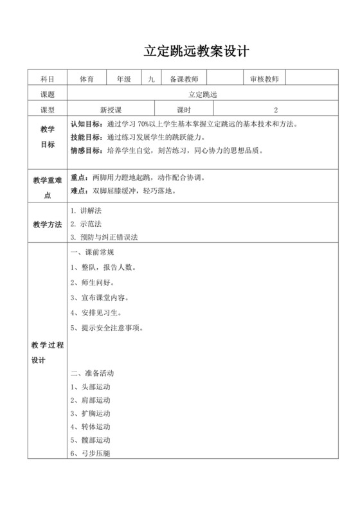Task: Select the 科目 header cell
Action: pyautogui.click(x=47, y=78)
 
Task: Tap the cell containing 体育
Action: pyautogui.click(x=87, y=78)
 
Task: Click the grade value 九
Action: pyautogui.click(x=150, y=78)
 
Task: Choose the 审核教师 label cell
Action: pyautogui.click(x=264, y=78)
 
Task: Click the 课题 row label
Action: pyautogui.click(x=47, y=94)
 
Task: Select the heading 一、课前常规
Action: pyautogui.click(x=91, y=252)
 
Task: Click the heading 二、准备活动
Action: pyautogui.click(x=91, y=373)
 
